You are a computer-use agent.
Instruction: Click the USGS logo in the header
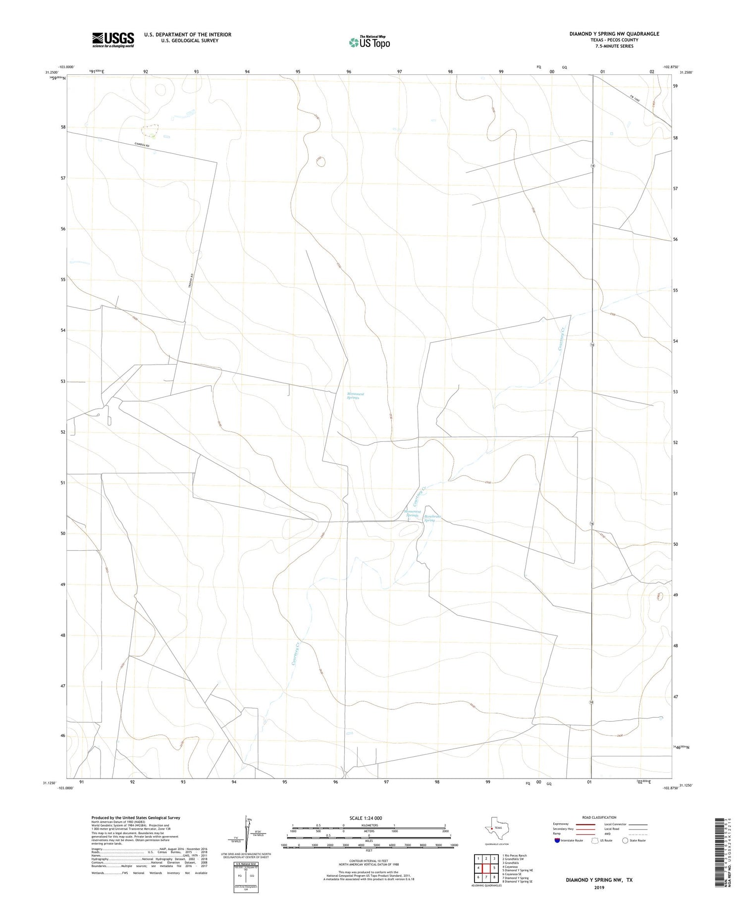point(113,40)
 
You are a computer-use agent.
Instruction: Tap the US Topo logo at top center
point(369,42)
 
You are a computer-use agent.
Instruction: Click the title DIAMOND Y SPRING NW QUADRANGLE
point(614,34)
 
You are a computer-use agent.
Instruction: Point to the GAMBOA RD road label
point(142,145)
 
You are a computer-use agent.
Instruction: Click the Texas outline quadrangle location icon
point(495,826)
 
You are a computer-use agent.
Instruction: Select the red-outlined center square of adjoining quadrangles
point(486,868)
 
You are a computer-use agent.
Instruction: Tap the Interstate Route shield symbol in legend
point(557,841)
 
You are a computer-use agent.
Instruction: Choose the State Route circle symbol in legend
point(625,841)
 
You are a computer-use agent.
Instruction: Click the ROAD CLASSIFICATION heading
point(599,817)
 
